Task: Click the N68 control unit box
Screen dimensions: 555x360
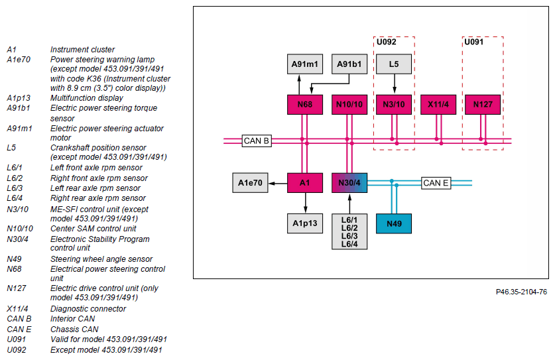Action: tap(305, 105)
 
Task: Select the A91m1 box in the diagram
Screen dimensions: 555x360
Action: tap(305, 64)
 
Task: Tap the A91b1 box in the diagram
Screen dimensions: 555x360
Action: tap(349, 64)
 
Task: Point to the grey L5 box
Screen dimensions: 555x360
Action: tap(394, 64)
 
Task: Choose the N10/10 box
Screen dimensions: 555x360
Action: tap(349, 105)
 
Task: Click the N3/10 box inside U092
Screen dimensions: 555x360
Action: tap(394, 105)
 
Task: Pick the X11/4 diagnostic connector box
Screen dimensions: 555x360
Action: tap(438, 105)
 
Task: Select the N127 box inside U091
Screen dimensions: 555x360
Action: tap(483, 105)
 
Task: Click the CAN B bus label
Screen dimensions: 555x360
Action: tap(257, 141)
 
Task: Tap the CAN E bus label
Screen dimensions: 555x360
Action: tap(436, 183)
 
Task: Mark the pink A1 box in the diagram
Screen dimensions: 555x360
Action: tap(305, 183)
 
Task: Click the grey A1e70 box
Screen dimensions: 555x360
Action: tap(250, 183)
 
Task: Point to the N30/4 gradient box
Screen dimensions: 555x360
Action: tap(349, 183)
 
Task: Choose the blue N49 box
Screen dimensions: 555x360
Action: tap(394, 223)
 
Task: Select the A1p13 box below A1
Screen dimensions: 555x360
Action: tap(305, 223)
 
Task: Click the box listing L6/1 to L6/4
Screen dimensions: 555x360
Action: tap(349, 231)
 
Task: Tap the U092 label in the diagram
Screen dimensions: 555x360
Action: tap(386, 42)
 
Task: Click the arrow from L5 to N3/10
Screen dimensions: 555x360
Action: tap(395, 84)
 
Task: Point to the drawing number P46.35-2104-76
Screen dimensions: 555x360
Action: tap(521, 292)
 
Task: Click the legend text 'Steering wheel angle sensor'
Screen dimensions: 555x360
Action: tap(101, 259)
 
